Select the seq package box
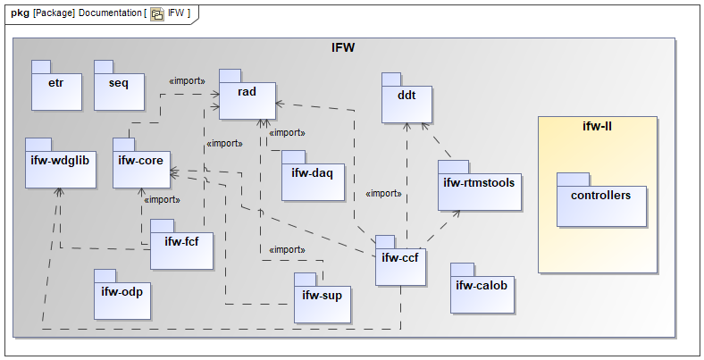(119, 86)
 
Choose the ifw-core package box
(142, 163)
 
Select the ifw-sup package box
(323, 297)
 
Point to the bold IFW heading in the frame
(343, 47)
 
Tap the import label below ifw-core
(161, 200)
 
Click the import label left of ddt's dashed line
(383, 193)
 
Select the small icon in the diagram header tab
(156, 14)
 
